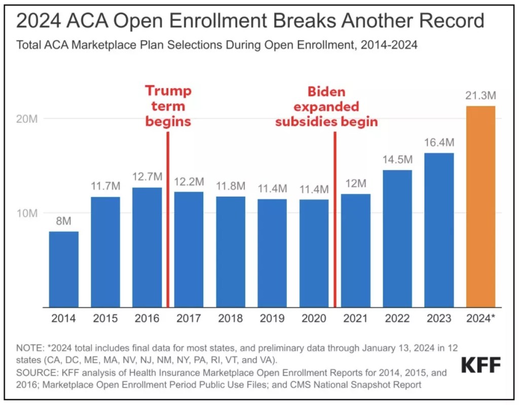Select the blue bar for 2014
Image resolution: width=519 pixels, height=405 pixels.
[63, 269]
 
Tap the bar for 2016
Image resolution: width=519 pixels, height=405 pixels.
[147, 247]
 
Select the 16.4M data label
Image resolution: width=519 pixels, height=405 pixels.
[439, 143]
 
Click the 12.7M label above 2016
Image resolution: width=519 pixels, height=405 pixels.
[147, 177]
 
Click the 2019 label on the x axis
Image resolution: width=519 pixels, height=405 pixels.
[272, 319]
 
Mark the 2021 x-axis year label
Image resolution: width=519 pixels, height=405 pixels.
[355, 319]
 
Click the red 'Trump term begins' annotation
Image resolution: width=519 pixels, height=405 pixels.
[168, 106]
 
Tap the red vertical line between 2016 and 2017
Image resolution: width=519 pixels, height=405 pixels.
[168, 218]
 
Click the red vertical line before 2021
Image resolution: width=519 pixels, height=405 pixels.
[335, 218]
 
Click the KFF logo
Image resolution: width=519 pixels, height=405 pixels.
[481, 365]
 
